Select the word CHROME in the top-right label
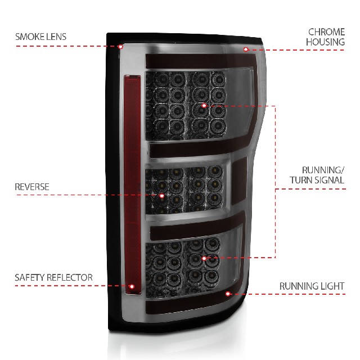click(x=326, y=32)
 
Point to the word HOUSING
click(x=325, y=42)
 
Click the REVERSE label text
click(x=32, y=187)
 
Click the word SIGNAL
click(x=329, y=180)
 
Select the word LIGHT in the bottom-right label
click(x=332, y=286)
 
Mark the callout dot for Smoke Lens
click(x=120, y=47)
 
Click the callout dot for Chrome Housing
click(x=246, y=49)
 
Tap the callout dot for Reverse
click(x=162, y=196)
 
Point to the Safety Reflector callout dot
click(x=132, y=286)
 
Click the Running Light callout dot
click(x=227, y=294)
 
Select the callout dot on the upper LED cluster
click(x=204, y=106)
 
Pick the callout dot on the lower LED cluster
click(x=204, y=259)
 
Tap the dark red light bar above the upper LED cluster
click(x=201, y=61)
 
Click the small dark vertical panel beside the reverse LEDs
click(x=239, y=181)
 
